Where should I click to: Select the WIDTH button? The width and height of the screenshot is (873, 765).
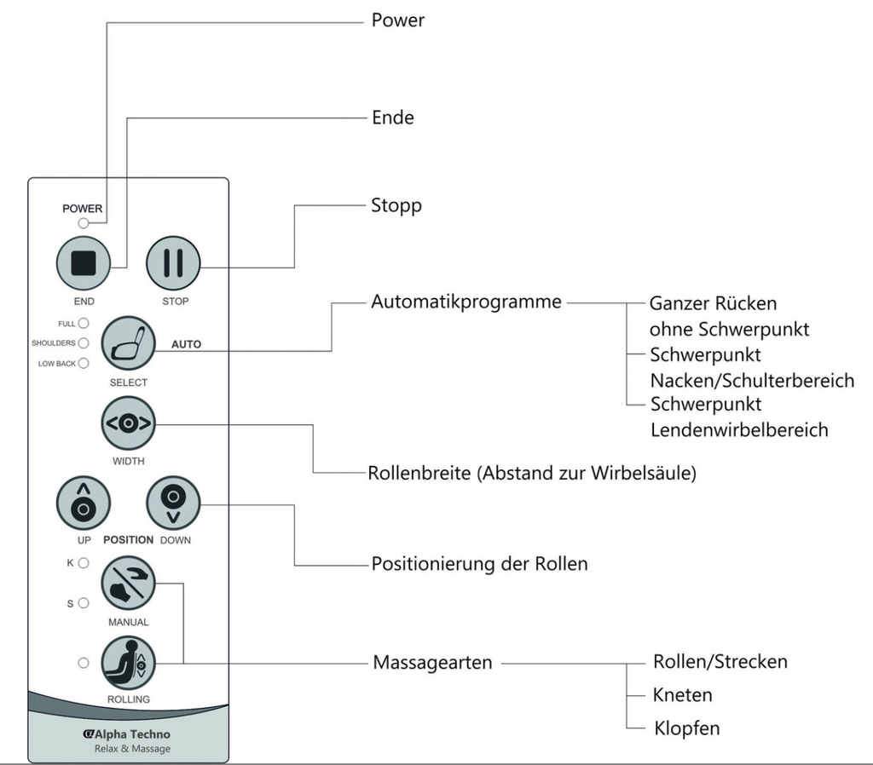(x=129, y=423)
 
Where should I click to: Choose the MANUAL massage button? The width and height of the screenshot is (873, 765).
(x=129, y=584)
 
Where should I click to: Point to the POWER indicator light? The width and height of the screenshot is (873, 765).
(x=83, y=224)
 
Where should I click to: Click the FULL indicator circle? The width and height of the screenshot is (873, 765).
(x=84, y=324)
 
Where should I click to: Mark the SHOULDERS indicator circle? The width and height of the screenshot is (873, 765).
(x=84, y=343)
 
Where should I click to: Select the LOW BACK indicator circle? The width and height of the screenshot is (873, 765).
(x=84, y=363)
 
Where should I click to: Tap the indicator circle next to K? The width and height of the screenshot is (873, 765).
(x=84, y=563)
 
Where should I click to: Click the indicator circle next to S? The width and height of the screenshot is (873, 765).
(x=84, y=602)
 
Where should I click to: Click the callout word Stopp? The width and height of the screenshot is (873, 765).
(x=396, y=206)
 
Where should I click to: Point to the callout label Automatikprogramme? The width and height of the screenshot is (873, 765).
(x=466, y=302)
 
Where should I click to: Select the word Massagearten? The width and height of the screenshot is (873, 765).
(x=432, y=662)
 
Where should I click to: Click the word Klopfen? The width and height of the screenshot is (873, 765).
(x=686, y=728)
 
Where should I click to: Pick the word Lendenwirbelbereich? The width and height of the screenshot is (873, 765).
(x=738, y=429)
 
